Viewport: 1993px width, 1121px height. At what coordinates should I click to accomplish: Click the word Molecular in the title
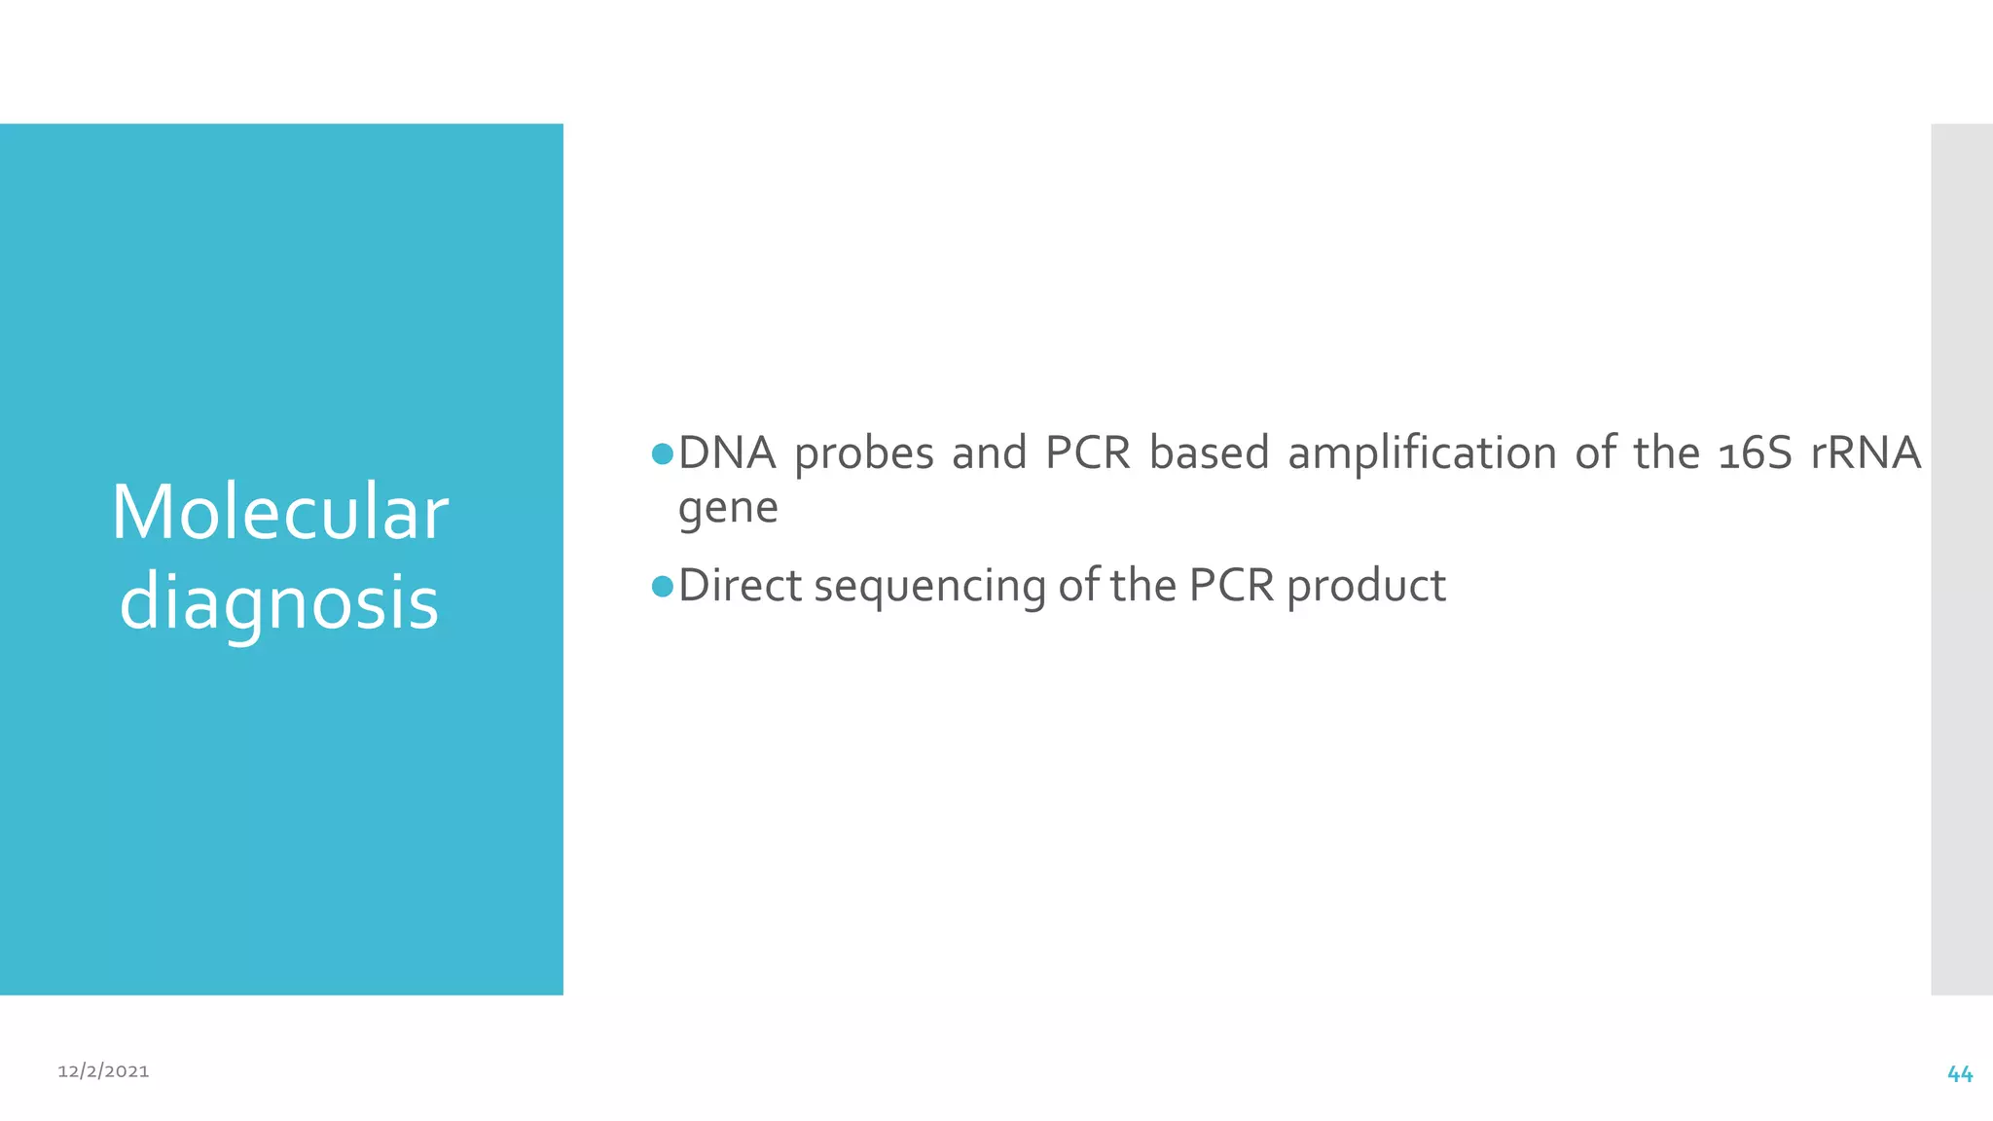pyautogui.click(x=279, y=513)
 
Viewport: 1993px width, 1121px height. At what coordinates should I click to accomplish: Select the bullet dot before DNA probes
pyautogui.click(x=663, y=454)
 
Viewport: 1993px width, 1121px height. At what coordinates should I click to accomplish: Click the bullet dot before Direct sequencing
pyautogui.click(x=663, y=587)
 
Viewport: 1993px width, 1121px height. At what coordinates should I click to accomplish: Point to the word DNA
pyautogui.click(x=727, y=453)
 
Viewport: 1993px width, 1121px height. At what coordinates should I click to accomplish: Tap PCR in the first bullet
pyautogui.click(x=1088, y=453)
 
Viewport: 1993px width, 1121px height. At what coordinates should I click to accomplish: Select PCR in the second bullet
pyautogui.click(x=1231, y=586)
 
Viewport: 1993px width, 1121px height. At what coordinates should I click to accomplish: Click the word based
pyautogui.click(x=1210, y=453)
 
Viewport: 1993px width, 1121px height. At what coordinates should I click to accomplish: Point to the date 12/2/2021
pyautogui.click(x=103, y=1071)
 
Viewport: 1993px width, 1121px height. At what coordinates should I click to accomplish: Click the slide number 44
pyautogui.click(x=1960, y=1074)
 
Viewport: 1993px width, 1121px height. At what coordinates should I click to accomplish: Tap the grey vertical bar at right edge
pyautogui.click(x=1962, y=559)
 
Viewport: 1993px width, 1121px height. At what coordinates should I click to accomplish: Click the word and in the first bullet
pyautogui.click(x=989, y=453)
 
